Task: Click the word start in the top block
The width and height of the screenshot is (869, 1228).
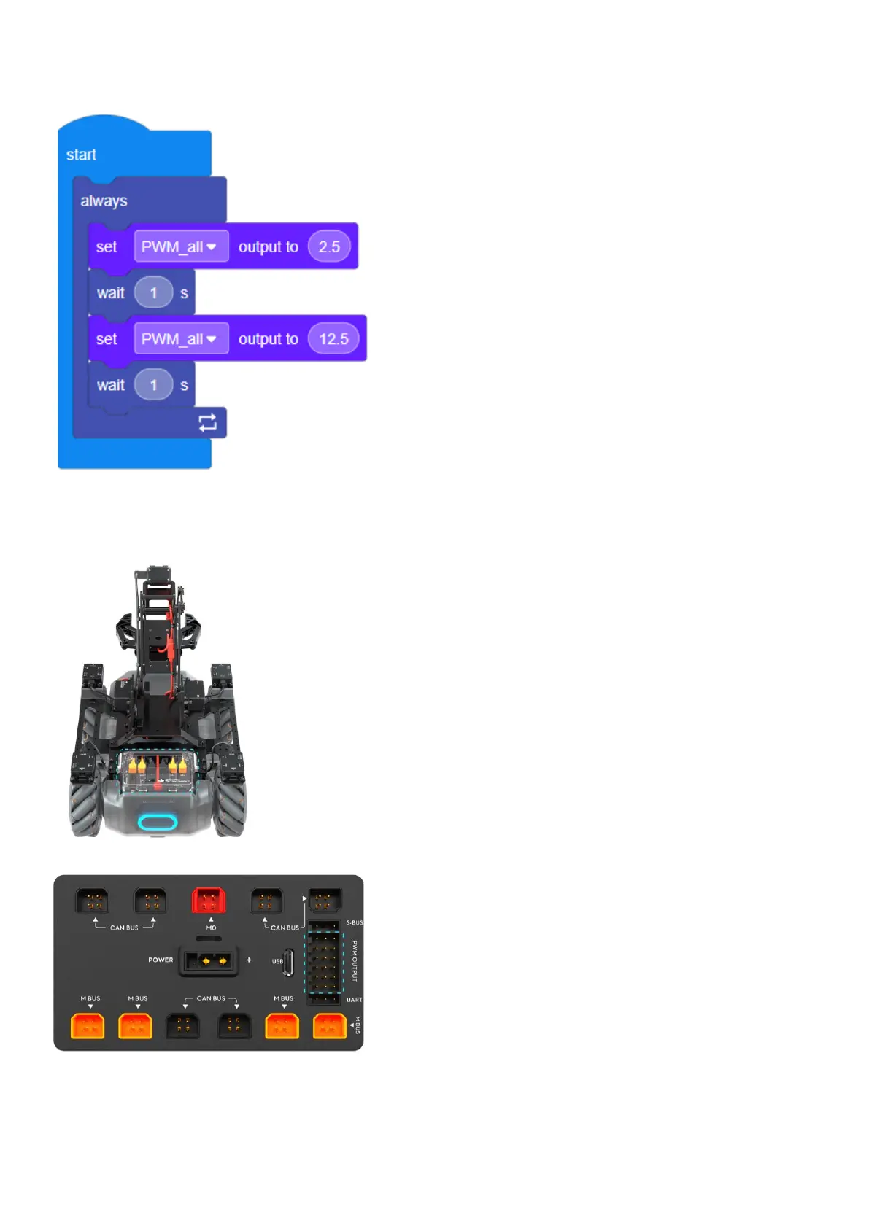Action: pyautogui.click(x=81, y=155)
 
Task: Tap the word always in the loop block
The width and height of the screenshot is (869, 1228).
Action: pyautogui.click(x=104, y=201)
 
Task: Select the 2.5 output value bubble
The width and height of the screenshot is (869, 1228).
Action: pyautogui.click(x=329, y=246)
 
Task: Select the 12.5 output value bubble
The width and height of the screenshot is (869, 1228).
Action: pyautogui.click(x=333, y=339)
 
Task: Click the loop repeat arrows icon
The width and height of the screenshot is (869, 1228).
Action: pyautogui.click(x=207, y=423)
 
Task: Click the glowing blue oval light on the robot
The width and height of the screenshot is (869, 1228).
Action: pyautogui.click(x=158, y=823)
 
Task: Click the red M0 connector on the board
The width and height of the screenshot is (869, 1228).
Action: pyautogui.click(x=209, y=901)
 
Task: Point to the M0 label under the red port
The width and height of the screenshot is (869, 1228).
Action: pyautogui.click(x=211, y=928)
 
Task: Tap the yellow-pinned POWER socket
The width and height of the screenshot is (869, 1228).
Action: pyautogui.click(x=209, y=961)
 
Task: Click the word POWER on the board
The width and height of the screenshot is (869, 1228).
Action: pyautogui.click(x=161, y=960)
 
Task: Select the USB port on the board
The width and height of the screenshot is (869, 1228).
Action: pyautogui.click(x=288, y=962)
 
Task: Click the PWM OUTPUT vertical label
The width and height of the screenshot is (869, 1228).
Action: pyautogui.click(x=355, y=960)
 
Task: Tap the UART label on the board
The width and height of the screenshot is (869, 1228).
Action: pyautogui.click(x=354, y=1000)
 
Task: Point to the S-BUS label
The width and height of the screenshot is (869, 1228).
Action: pyautogui.click(x=354, y=922)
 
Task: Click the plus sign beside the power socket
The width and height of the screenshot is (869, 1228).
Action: pyautogui.click(x=249, y=960)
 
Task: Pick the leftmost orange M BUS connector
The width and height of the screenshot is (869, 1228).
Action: pyautogui.click(x=88, y=1026)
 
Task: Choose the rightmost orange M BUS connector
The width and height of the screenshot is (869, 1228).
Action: pyautogui.click(x=329, y=1026)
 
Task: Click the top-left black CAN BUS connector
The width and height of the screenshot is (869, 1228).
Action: pyautogui.click(x=92, y=901)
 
